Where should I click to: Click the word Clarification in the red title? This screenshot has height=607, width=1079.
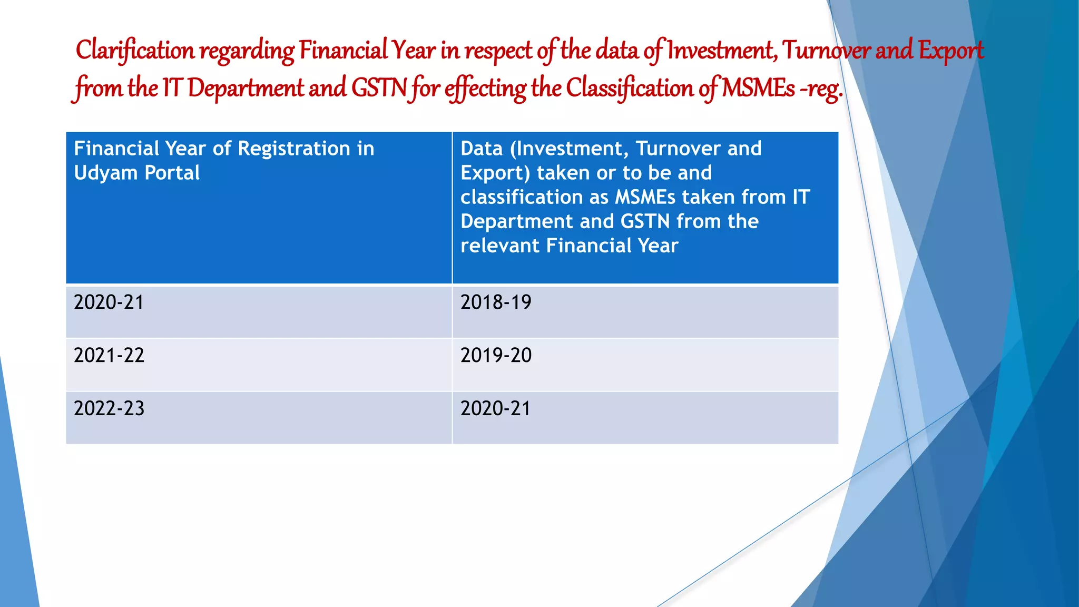[135, 51]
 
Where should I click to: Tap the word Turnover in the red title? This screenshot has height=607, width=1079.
[826, 51]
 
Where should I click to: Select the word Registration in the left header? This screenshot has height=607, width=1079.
[293, 149]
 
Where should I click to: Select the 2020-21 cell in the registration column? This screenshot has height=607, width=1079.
[109, 302]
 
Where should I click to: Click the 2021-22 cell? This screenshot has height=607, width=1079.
[109, 356]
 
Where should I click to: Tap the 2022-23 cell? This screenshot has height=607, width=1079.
[109, 409]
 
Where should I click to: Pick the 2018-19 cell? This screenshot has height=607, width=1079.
[496, 302]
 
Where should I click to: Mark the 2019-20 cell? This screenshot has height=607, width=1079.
[496, 356]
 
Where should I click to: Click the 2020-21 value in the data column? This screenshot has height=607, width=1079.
[496, 409]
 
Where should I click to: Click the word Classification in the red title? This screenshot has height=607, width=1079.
[630, 88]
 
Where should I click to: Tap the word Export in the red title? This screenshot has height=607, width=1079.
[950, 51]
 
